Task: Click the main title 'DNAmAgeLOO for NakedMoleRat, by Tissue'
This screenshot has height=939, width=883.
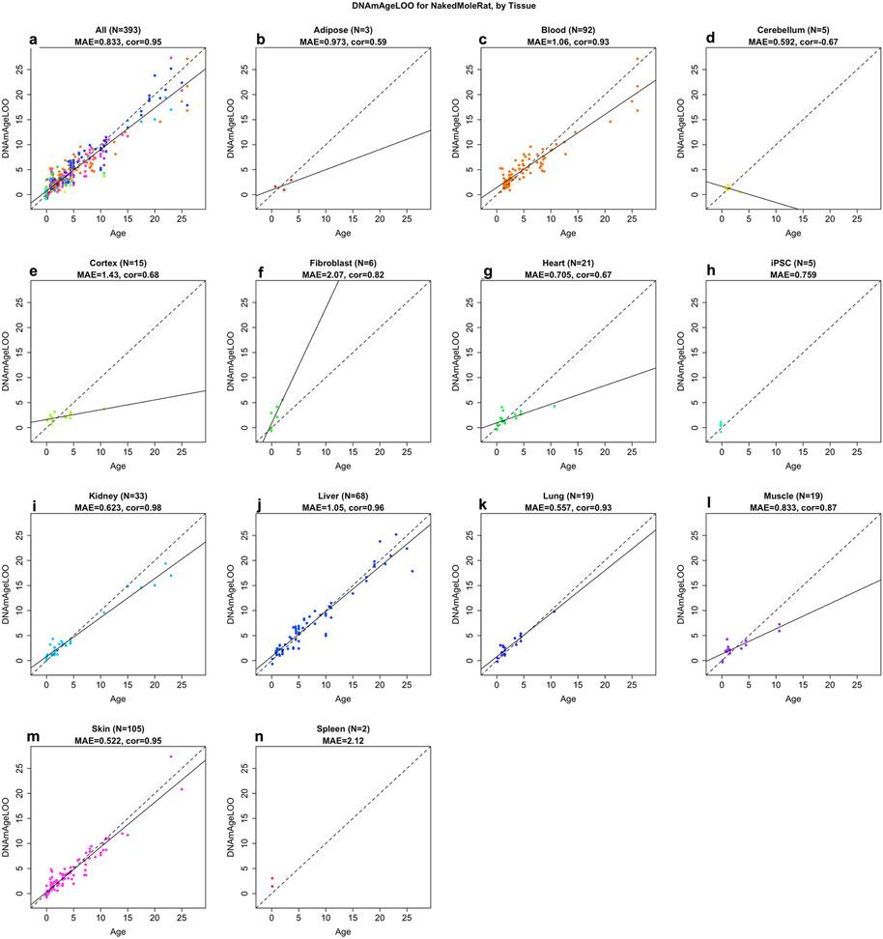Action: (441, 8)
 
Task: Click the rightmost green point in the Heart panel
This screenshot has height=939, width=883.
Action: (554, 406)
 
